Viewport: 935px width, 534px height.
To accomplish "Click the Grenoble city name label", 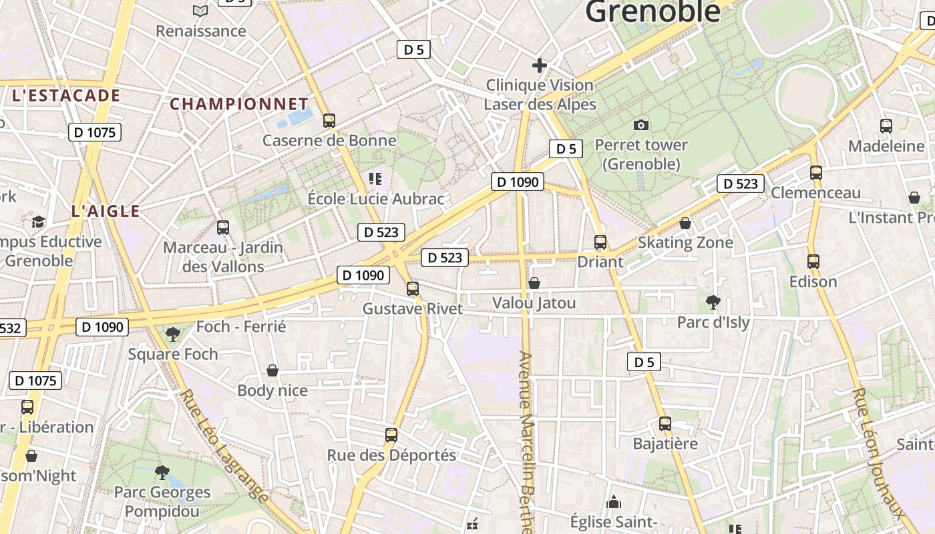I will coord(652,11).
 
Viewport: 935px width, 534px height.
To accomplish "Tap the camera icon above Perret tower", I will coord(640,125).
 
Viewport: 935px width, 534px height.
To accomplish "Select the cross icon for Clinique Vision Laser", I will coord(540,65).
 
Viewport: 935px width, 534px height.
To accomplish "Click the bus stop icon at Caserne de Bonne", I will coord(329,121).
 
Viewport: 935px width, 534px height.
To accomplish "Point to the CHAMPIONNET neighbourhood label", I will coord(239,104).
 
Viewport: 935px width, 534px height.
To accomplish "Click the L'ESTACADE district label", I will coord(65,95).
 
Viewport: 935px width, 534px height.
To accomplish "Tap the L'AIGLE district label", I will coord(106,212).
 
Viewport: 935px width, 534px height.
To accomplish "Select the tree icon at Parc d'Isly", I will coord(713,302).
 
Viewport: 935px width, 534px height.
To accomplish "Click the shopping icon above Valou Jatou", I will coord(534,283).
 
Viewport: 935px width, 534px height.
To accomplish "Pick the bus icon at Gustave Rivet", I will coord(413,289).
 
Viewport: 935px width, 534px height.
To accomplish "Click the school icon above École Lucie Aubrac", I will coord(375,178).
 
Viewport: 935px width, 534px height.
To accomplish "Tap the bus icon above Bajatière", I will coord(665,424).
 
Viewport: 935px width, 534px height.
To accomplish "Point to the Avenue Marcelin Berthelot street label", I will coord(528,441).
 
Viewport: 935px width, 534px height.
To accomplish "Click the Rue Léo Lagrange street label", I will coord(224,446).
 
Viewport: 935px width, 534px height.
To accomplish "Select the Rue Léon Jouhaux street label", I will coord(879,454).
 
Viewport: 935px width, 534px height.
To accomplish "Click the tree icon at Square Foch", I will coord(173,334).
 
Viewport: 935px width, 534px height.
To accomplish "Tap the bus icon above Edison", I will coord(813,262).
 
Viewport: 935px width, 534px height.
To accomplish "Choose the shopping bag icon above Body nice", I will coord(272,370).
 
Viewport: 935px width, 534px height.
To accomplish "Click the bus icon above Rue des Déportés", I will coord(391,435).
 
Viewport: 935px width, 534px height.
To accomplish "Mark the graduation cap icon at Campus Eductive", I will coord(38,222).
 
